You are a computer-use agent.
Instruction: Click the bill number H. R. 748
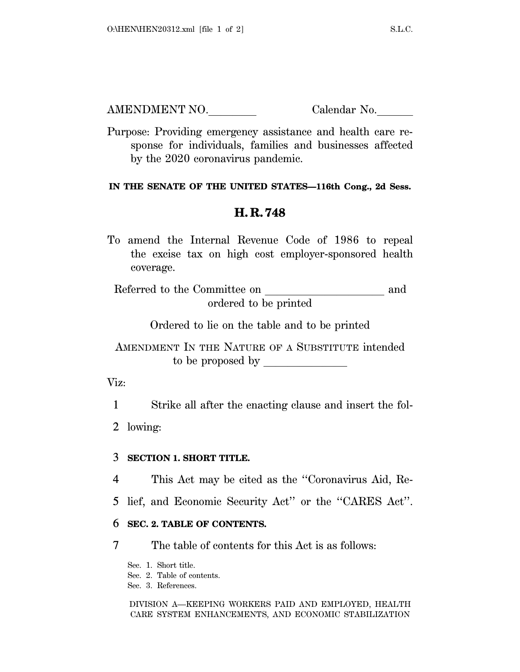point(259,213)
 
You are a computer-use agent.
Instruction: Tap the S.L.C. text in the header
point(401,29)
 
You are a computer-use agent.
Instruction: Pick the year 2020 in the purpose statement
point(177,159)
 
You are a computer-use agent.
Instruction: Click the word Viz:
point(116,383)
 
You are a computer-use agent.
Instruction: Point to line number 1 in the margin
point(116,405)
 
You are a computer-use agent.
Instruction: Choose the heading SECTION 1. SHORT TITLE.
point(188,458)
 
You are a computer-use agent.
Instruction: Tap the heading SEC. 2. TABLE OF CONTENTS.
point(197,524)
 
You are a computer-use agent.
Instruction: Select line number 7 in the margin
point(116,545)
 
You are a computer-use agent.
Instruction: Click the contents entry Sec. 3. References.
point(162,586)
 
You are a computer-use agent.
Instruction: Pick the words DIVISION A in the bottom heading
point(148,604)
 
